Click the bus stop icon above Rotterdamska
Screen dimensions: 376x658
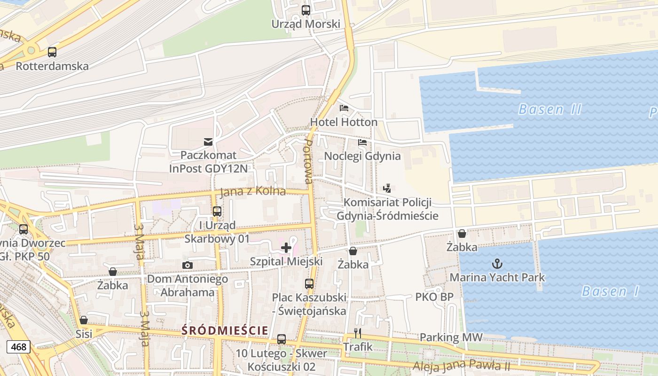coord(52,52)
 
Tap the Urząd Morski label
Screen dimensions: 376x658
coord(305,23)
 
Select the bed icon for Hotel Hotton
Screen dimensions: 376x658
coord(344,108)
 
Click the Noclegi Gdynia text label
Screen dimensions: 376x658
coord(362,156)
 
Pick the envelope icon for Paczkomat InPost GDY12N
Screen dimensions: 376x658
coord(208,141)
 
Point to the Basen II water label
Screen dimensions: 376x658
coord(549,110)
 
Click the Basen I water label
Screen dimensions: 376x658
coord(611,291)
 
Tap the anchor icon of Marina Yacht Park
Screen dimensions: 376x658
coord(497,264)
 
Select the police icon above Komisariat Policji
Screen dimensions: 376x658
coord(387,188)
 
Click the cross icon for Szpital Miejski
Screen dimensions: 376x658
coord(286,248)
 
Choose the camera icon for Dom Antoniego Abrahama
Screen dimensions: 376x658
coord(187,266)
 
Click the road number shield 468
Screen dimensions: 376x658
coord(19,347)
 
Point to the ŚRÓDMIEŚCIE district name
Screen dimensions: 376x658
coord(225,330)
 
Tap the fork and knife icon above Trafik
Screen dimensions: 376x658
coord(358,333)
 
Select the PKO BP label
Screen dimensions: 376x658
coord(434,297)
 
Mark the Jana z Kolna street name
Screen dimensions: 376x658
coord(253,191)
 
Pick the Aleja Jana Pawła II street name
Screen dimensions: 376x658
coord(462,365)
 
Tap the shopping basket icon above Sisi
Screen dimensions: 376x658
coord(84,320)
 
